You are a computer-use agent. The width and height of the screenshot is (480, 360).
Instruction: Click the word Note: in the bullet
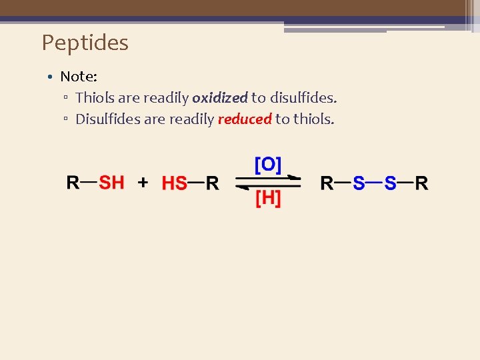(x=79, y=77)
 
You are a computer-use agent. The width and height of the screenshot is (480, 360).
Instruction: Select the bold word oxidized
(x=219, y=98)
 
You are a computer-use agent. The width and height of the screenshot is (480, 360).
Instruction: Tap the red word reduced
(x=244, y=119)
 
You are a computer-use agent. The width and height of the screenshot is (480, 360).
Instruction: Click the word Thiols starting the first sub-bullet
(x=95, y=98)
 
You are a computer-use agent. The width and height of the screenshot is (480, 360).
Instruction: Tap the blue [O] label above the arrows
(x=268, y=165)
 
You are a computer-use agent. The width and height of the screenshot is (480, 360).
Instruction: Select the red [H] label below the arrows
(x=268, y=199)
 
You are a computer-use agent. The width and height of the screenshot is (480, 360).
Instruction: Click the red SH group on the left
(x=111, y=182)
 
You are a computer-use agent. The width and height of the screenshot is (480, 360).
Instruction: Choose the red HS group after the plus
(x=175, y=183)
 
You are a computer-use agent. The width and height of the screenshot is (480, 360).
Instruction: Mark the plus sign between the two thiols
(x=143, y=183)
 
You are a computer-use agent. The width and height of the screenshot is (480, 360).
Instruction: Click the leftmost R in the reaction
(x=73, y=182)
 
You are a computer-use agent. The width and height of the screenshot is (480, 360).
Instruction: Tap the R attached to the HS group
(x=212, y=183)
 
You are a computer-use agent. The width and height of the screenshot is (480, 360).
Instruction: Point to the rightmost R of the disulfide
(x=421, y=183)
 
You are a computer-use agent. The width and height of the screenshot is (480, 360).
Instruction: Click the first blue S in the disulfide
(x=359, y=183)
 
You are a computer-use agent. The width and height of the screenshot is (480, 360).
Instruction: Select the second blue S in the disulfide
(x=390, y=183)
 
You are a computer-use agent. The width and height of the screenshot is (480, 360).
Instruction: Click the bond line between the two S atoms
(x=374, y=181)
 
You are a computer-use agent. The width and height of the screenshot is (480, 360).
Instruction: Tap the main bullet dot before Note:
(x=50, y=77)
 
